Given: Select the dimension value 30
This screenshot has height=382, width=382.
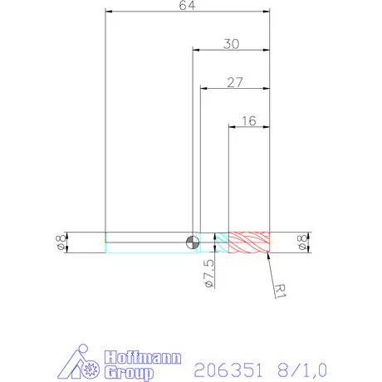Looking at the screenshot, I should [231, 44].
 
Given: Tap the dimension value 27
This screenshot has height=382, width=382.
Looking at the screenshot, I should [235, 81].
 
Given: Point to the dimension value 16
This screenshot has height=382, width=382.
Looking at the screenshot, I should [248, 120].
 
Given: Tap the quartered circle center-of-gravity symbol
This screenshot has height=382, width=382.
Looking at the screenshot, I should [193, 242].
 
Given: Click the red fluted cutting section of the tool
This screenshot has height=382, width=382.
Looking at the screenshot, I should [249, 242].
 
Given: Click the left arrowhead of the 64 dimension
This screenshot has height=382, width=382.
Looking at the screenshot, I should [110, 12].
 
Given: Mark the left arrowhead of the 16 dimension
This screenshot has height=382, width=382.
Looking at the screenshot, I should [233, 126].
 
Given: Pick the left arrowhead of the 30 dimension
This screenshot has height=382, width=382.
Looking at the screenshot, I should [197, 50].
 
